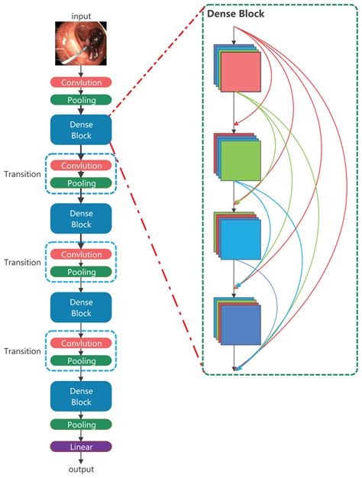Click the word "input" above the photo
point(81,15)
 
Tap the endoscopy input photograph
point(81,43)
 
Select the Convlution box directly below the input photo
point(81,82)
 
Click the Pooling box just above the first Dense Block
point(81,99)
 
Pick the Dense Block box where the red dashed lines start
point(81,130)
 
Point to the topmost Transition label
point(21,173)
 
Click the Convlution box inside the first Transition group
point(81,166)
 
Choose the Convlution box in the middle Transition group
point(81,254)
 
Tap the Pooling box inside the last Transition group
point(81,360)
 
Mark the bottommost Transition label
point(21,351)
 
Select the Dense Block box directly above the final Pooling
point(81,396)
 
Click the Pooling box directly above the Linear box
point(81,425)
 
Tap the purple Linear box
point(81,447)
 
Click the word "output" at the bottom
point(81,470)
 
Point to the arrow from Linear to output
point(81,458)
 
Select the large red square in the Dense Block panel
point(241,77)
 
